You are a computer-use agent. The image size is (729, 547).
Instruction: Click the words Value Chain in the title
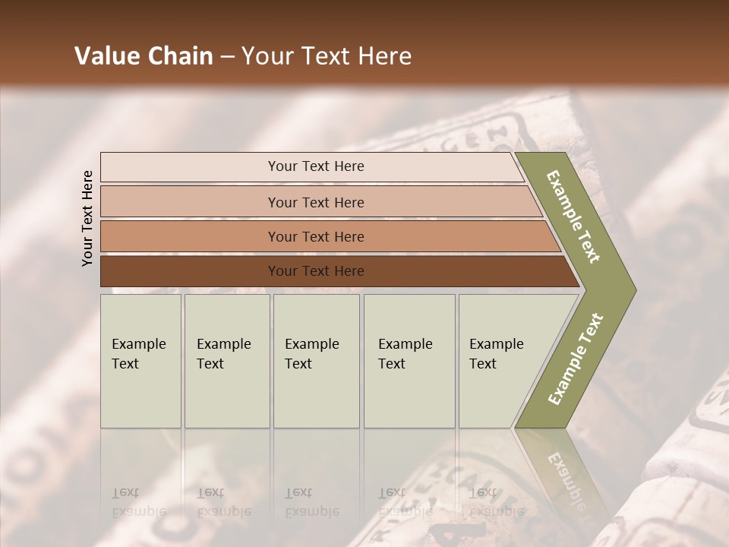pos(144,56)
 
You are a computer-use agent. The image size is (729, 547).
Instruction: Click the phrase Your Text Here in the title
pos(327,56)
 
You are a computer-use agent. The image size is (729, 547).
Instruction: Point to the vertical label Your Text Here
pos(87,218)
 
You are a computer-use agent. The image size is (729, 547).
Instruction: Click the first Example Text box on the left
pos(140,361)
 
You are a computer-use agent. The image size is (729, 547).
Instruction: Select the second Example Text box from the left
pos(227,361)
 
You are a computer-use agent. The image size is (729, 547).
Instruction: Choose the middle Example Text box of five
pos(316,361)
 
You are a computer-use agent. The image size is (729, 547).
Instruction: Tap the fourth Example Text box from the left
pos(409,361)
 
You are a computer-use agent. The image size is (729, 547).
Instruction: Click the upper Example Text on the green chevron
pos(573,217)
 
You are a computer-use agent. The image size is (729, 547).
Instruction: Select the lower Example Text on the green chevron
pos(575,359)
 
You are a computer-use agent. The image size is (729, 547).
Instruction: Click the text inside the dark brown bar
pos(316,271)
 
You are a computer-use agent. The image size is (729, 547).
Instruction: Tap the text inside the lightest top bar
pos(316,166)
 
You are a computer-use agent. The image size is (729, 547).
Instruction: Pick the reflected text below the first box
pos(138,501)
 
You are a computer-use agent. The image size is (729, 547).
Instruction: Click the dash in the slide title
pos(227,57)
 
